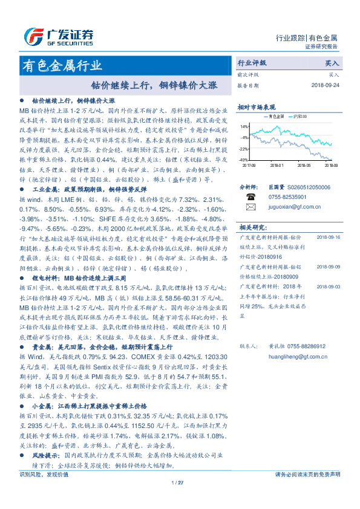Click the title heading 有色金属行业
pos(62,65)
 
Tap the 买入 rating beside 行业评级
pos(332,63)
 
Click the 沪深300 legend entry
pos(300,116)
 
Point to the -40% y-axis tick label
pos(243,160)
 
